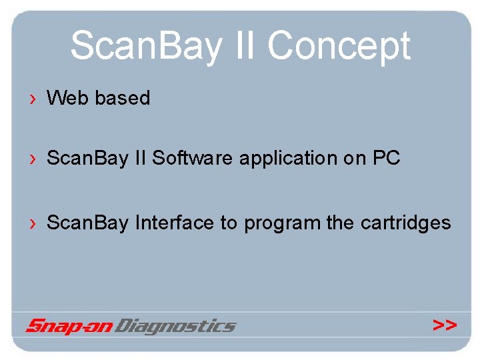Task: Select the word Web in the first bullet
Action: pyautogui.click(x=68, y=98)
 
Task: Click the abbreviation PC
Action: pyautogui.click(x=386, y=158)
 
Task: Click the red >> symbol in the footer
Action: pyautogui.click(x=445, y=325)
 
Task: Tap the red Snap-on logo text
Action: pyautogui.click(x=69, y=326)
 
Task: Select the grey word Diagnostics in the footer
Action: pyautogui.click(x=175, y=326)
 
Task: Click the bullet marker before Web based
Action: pyautogui.click(x=32, y=99)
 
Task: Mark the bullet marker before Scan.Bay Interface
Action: pyautogui.click(x=32, y=223)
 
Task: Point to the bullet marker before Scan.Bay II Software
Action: pyautogui.click(x=32, y=159)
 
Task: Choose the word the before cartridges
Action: pyautogui.click(x=341, y=222)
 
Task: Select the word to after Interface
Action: pyautogui.click(x=229, y=223)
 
